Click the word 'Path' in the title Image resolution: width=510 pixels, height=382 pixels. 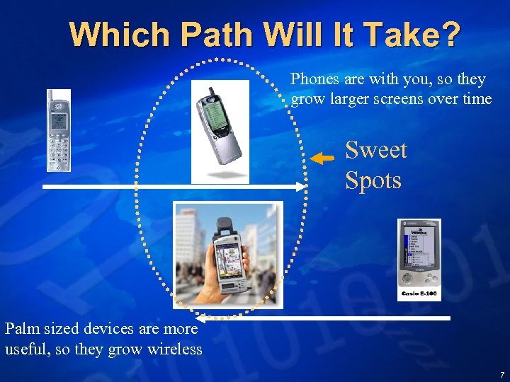tap(217, 35)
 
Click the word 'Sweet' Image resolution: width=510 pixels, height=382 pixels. tap(375, 150)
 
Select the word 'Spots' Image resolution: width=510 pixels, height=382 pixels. tap(373, 180)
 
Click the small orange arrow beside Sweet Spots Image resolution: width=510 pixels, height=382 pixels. tap(323, 158)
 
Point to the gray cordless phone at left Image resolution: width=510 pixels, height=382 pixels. tap(59, 131)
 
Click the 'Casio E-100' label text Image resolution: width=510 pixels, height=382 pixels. tap(419, 293)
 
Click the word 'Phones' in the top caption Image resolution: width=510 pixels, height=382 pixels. tap(314, 79)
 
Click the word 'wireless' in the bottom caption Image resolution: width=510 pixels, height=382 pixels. tap(174, 349)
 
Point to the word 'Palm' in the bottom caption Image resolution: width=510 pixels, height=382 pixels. tap(22, 328)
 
